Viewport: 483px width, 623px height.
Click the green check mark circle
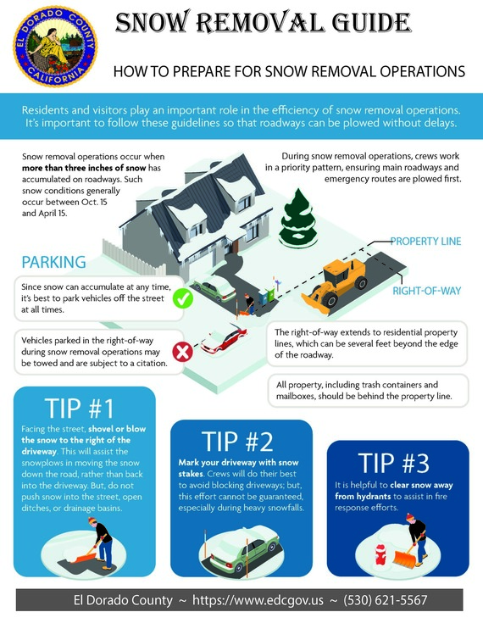(207, 298)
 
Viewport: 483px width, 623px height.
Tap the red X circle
(180, 351)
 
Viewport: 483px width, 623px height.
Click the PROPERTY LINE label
(425, 242)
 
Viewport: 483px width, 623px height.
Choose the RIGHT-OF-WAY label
(426, 291)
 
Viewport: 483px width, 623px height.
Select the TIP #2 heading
(238, 442)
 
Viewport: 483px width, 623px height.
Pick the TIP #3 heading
(396, 462)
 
